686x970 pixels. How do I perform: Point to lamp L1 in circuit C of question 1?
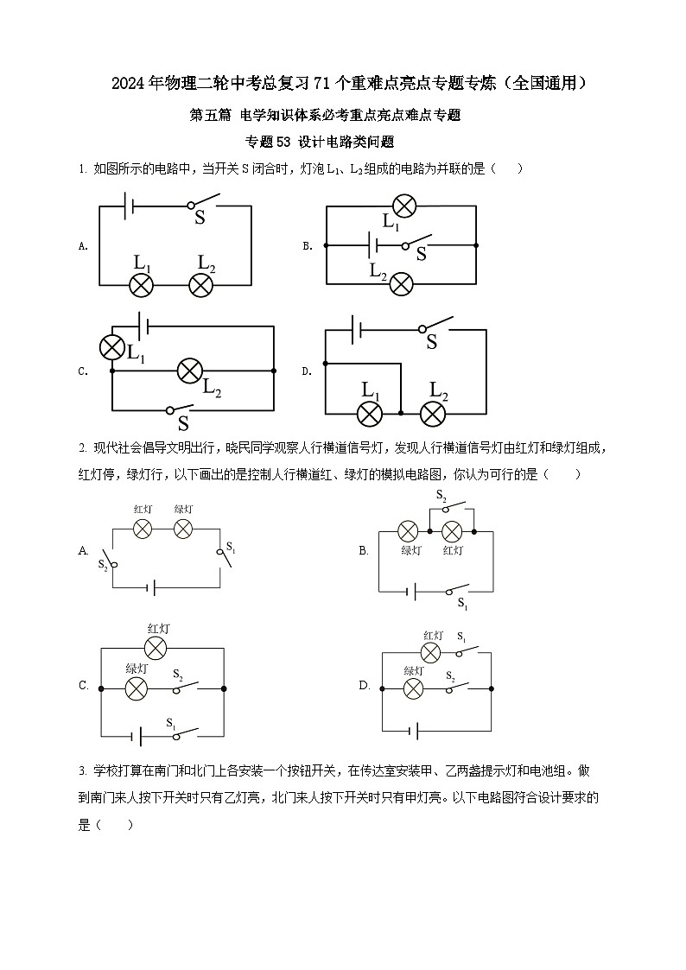click(112, 347)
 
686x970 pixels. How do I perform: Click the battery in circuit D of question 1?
click(355, 328)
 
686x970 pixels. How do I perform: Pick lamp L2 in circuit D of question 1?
click(433, 414)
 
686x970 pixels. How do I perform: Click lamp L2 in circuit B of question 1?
click(401, 283)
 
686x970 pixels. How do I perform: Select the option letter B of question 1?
click(307, 246)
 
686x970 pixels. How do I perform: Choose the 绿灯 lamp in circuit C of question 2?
click(137, 688)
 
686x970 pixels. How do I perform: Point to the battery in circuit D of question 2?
click(416, 732)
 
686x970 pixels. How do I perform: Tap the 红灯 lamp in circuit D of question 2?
click(430, 653)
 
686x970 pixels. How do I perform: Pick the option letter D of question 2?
click(364, 686)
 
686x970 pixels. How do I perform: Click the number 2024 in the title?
click(129, 84)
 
